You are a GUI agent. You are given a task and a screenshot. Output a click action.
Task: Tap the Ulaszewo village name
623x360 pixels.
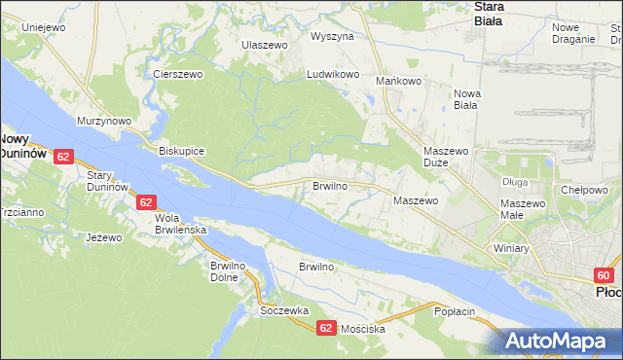click(x=265, y=46)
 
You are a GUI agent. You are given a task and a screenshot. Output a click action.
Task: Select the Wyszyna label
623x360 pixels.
click(x=332, y=36)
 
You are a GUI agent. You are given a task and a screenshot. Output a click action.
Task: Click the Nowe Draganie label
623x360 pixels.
click(x=572, y=33)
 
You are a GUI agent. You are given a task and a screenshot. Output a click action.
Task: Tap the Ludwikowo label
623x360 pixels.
click(x=334, y=74)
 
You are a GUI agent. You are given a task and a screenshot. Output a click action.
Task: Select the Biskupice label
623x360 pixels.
click(x=181, y=152)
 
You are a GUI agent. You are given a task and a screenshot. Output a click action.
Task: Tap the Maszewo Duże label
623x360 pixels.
click(x=448, y=159)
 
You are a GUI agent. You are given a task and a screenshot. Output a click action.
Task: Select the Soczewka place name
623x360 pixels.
click(x=284, y=310)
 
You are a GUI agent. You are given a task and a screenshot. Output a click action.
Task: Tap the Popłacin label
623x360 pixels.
click(x=454, y=310)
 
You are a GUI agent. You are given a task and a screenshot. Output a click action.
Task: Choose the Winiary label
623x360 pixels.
click(x=510, y=248)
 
